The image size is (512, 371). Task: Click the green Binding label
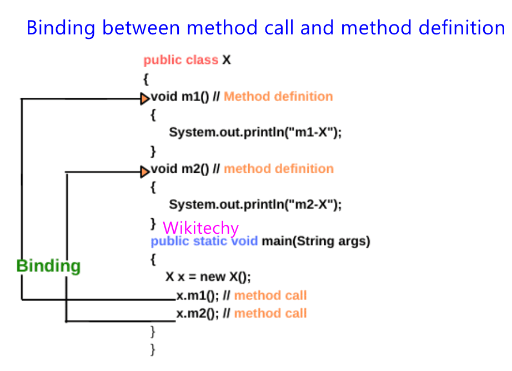(x=48, y=266)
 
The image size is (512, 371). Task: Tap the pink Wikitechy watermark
(x=200, y=228)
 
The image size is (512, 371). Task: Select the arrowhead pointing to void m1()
(x=145, y=99)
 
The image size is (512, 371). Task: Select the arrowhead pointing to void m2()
(x=145, y=171)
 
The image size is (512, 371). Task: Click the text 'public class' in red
(x=180, y=60)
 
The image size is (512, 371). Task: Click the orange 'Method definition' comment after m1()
(x=278, y=97)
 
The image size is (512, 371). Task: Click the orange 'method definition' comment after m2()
(x=279, y=169)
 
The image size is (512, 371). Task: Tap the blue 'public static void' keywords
(x=204, y=242)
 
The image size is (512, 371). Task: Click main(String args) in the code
(x=316, y=242)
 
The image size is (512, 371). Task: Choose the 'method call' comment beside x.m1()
(x=270, y=295)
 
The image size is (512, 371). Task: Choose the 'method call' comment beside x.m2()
(x=270, y=314)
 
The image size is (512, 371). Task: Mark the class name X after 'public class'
(x=226, y=60)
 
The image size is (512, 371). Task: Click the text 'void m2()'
(x=179, y=169)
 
